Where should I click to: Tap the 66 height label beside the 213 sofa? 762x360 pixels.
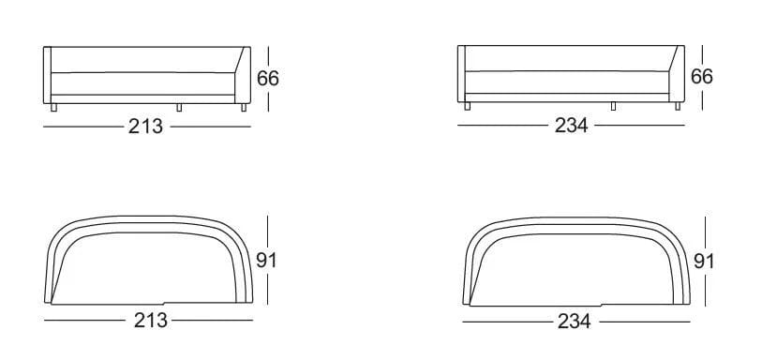click(268, 78)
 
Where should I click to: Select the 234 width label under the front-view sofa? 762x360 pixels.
click(571, 127)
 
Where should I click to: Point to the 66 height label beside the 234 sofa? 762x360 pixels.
click(702, 76)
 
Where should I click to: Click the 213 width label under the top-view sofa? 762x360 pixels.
click(150, 321)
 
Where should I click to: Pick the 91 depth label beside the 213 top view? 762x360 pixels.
click(267, 260)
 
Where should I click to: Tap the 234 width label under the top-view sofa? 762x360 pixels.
click(575, 322)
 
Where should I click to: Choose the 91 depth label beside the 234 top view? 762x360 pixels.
click(703, 261)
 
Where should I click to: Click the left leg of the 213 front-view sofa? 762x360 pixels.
click(54, 109)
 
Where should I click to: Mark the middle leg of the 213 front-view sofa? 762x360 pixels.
click(177, 108)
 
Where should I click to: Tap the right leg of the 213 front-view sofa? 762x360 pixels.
click(245, 109)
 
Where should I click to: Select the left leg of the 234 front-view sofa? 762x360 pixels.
click(467, 108)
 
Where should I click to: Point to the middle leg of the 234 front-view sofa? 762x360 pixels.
click(613, 107)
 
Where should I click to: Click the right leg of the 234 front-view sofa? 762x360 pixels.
click(679, 108)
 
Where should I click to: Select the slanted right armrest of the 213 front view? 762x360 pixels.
click(239, 75)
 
